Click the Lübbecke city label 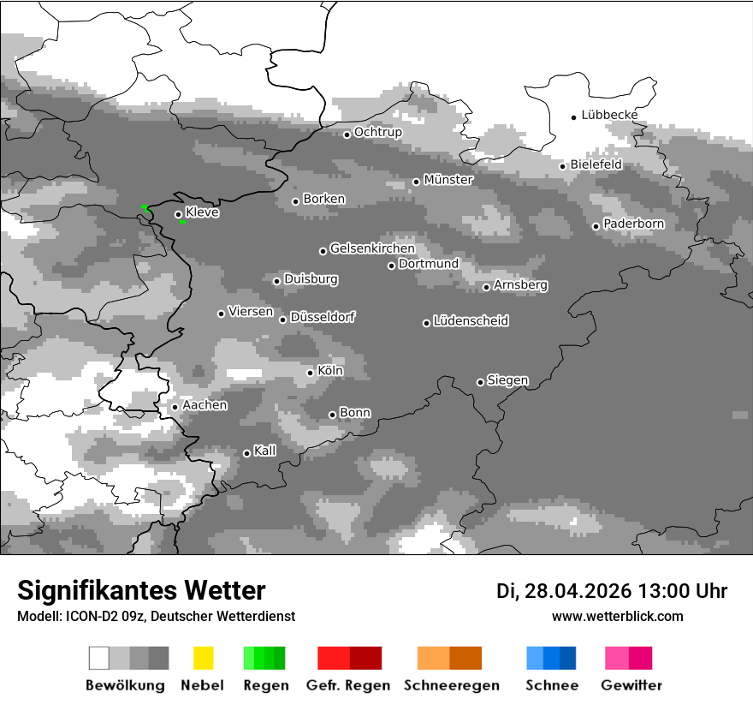click(609, 115)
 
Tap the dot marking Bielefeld click(562, 166)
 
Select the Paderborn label click(633, 224)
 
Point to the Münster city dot click(416, 182)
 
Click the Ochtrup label click(377, 133)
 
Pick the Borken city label click(323, 199)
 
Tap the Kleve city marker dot click(178, 215)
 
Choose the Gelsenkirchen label click(372, 248)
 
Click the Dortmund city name click(429, 264)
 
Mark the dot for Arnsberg click(486, 287)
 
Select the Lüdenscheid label click(471, 321)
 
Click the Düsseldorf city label click(323, 317)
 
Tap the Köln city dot click(310, 373)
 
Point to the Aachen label click(205, 405)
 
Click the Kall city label click(264, 451)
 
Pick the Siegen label click(507, 380)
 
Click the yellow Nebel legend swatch click(203, 658)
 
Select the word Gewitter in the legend click(631, 685)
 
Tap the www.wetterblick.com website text click(617, 616)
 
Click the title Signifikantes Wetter click(141, 590)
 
